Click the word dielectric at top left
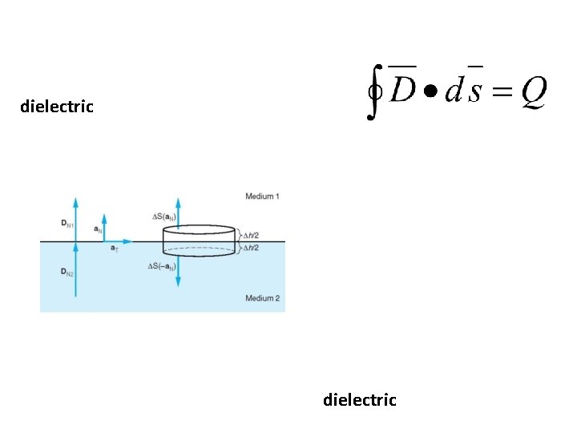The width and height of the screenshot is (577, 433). click(57, 106)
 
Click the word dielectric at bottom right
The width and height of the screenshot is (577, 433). click(359, 399)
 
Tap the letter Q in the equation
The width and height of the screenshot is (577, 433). click(533, 94)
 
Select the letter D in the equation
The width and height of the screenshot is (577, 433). click(402, 93)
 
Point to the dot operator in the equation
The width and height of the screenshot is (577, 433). click(431, 93)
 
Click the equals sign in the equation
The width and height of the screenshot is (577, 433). click(501, 94)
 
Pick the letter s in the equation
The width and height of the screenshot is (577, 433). click(474, 94)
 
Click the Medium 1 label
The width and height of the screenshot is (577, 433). click(262, 196)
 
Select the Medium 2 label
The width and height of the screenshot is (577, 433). click(262, 298)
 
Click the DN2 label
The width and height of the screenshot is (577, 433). click(67, 273)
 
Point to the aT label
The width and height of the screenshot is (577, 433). click(115, 249)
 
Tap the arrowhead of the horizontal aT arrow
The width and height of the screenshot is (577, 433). click(128, 241)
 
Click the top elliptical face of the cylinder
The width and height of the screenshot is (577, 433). click(199, 230)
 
